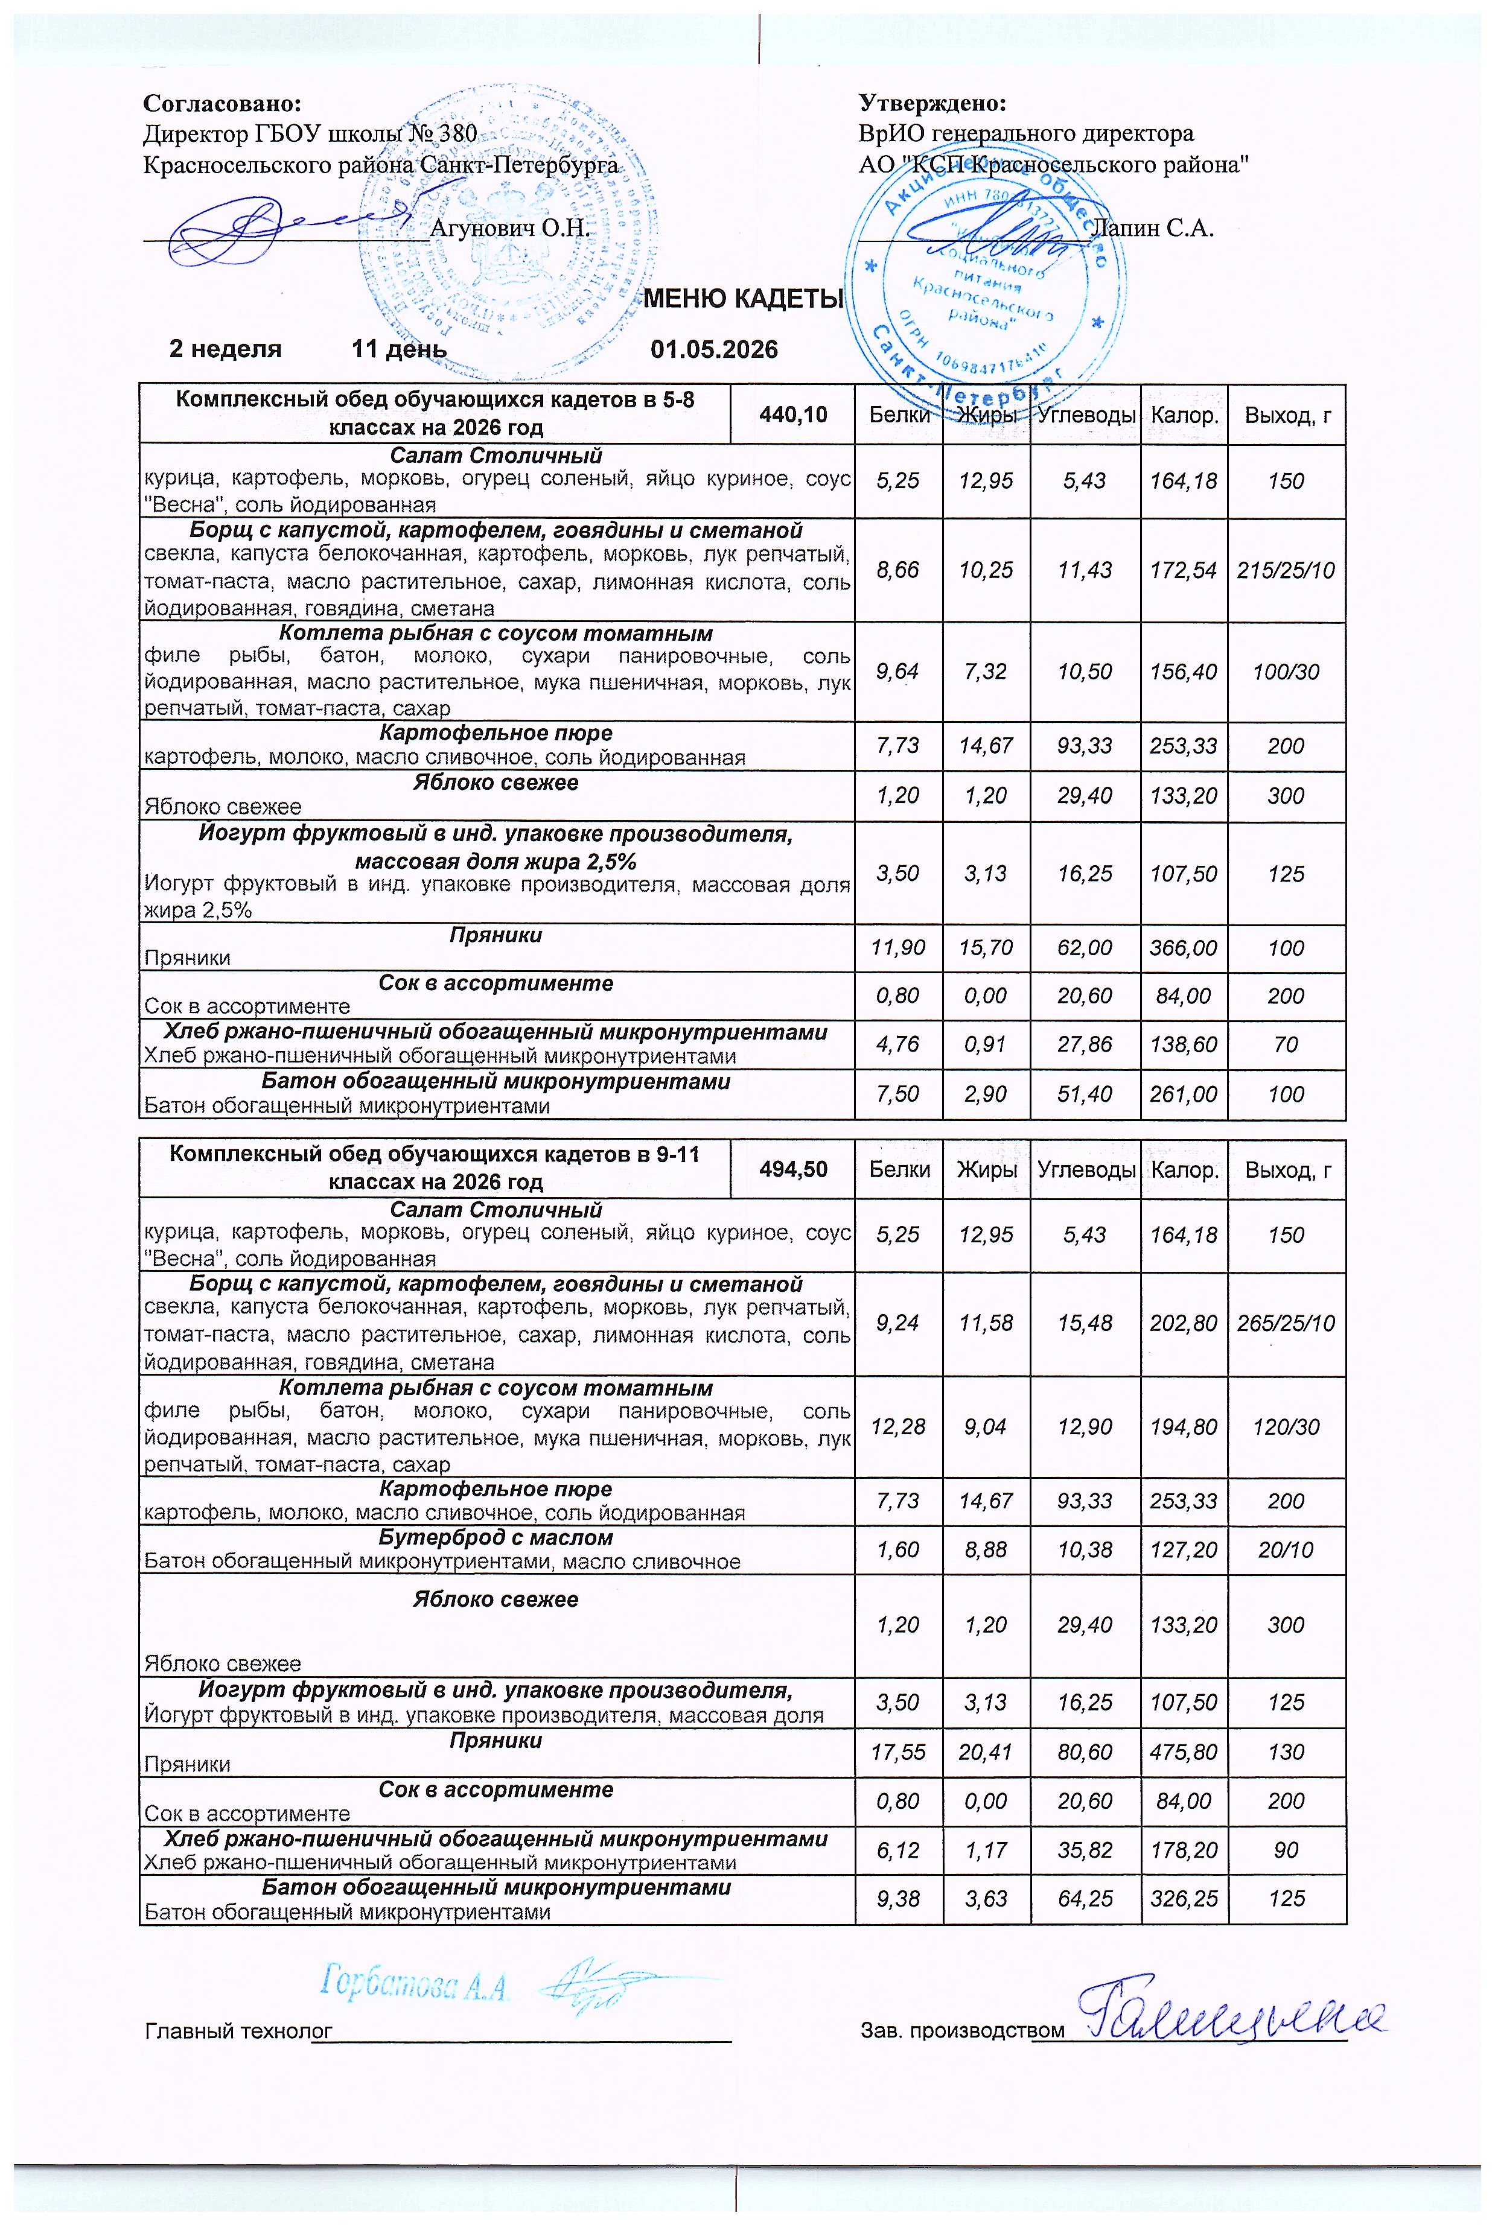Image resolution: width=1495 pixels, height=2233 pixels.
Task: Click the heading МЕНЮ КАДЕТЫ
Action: pos(744,299)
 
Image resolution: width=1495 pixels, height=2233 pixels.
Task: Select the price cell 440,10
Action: pos(792,415)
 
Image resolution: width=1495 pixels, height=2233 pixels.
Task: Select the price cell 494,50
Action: pos(792,1169)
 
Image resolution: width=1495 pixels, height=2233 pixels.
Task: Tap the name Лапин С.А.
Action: pos(1151,228)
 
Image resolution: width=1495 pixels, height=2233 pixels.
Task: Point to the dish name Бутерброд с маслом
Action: pos(496,1538)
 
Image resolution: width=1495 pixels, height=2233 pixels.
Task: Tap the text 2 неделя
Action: pos(225,349)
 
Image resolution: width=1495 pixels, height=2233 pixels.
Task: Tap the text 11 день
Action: pos(398,349)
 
